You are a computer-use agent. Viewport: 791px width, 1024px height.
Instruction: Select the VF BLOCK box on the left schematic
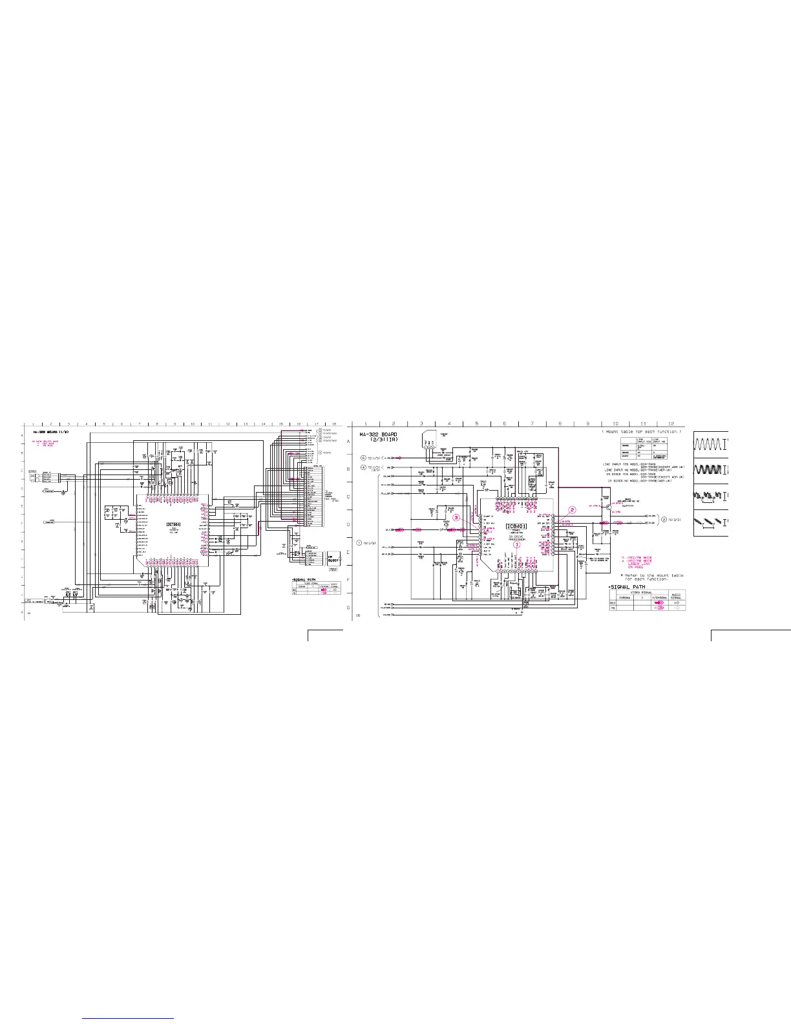point(333,560)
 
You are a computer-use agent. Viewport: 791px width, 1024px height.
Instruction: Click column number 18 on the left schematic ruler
point(334,424)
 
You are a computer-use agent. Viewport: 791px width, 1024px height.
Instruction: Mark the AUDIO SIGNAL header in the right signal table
point(676,596)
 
